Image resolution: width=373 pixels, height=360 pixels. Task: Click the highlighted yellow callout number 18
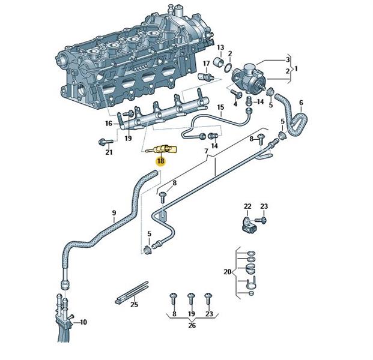point(160,161)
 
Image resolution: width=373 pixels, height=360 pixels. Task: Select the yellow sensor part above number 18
point(162,150)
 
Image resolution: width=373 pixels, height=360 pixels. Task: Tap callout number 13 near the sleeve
point(220,47)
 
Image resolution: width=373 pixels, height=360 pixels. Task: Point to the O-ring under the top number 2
point(228,67)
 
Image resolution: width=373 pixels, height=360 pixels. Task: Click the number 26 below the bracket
point(192,325)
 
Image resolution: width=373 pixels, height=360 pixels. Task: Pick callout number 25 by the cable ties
point(134,304)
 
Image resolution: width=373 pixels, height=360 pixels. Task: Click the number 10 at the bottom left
point(83,322)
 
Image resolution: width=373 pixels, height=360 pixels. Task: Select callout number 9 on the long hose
point(114,212)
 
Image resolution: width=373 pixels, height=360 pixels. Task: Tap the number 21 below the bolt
point(109,152)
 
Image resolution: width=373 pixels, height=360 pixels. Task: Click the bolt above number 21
point(106,142)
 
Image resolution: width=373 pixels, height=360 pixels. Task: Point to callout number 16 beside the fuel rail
point(109,124)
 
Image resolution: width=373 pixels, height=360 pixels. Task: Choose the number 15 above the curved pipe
point(220,107)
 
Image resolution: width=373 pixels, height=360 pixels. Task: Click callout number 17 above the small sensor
point(206,64)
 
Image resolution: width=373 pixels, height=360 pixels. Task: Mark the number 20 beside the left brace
point(228,271)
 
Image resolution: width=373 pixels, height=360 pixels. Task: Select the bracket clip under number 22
point(249,224)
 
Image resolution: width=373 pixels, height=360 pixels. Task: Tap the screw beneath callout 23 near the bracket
point(261,220)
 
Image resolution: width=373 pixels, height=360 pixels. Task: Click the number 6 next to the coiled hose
point(301,103)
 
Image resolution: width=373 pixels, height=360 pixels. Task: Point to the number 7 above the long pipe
point(206,151)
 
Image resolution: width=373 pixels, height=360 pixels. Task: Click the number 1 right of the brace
point(296,68)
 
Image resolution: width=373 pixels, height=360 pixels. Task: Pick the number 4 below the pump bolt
point(235,104)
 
